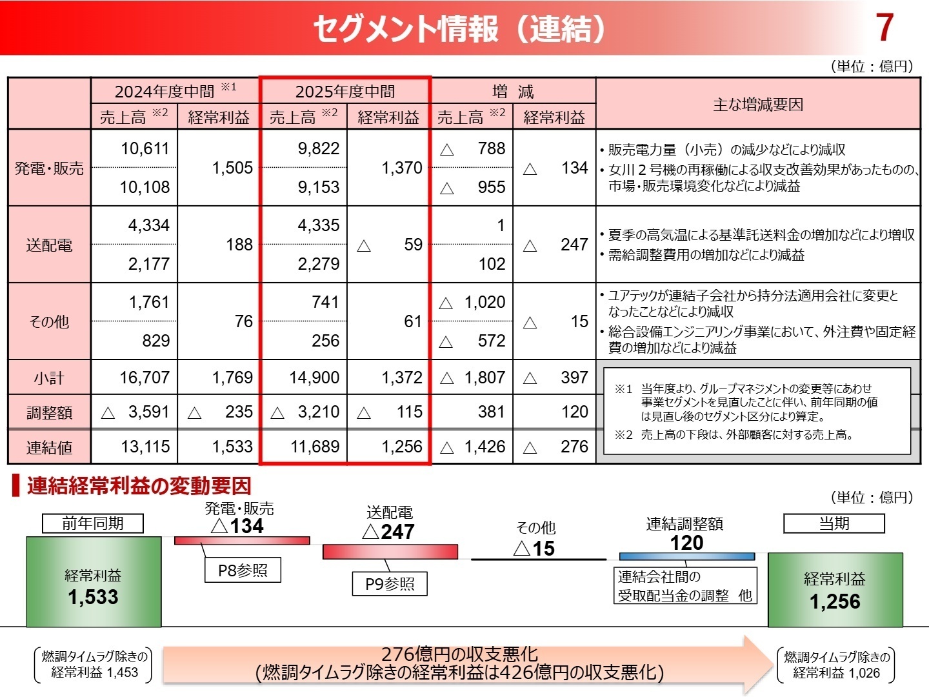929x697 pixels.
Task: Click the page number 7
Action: tap(884, 28)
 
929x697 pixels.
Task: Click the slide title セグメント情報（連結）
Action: tap(459, 29)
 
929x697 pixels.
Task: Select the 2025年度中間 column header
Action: tap(345, 91)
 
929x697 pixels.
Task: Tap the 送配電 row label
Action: tap(49, 245)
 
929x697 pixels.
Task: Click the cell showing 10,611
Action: tap(145, 148)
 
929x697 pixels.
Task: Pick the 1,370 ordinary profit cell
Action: tap(401, 168)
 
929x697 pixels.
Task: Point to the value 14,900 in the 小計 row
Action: tap(314, 378)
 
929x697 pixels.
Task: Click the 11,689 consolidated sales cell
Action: tap(314, 447)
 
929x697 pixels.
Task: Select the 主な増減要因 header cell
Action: tap(757, 105)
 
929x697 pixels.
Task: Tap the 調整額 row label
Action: tap(49, 412)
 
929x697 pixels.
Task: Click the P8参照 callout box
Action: tap(243, 571)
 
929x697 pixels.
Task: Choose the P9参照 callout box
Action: tap(390, 584)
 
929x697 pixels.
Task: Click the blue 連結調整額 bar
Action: tap(686, 556)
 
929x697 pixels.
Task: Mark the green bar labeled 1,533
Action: tap(94, 581)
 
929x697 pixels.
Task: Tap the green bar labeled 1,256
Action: tap(835, 589)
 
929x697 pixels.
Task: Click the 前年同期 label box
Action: tap(93, 523)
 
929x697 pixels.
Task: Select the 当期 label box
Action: tap(834, 523)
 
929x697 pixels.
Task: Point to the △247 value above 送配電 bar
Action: tap(388, 532)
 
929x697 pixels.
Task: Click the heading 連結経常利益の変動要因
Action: tap(138, 486)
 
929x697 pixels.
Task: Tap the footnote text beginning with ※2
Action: tap(735, 435)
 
